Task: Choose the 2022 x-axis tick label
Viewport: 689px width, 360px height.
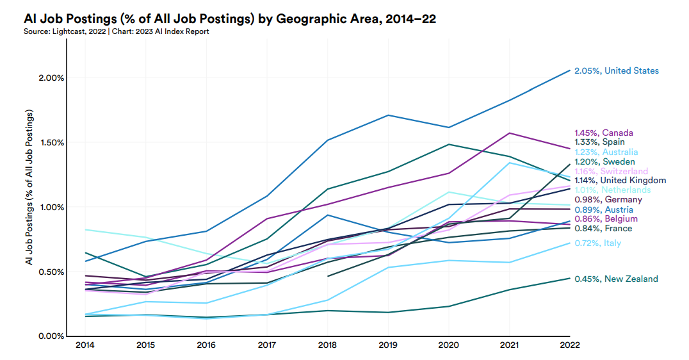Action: pyautogui.click(x=569, y=345)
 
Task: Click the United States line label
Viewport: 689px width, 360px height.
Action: pyautogui.click(x=616, y=70)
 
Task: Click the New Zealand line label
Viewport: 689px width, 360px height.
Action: pyautogui.click(x=615, y=279)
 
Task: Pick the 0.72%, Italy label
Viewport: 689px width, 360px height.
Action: pyautogui.click(x=597, y=243)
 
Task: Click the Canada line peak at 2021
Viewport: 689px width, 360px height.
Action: pyautogui.click(x=508, y=133)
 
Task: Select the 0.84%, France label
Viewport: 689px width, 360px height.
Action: pyautogui.click(x=603, y=229)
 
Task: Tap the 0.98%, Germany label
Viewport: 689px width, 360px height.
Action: pyautogui.click(x=608, y=200)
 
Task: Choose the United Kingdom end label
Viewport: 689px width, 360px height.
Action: pyautogui.click(x=620, y=181)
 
